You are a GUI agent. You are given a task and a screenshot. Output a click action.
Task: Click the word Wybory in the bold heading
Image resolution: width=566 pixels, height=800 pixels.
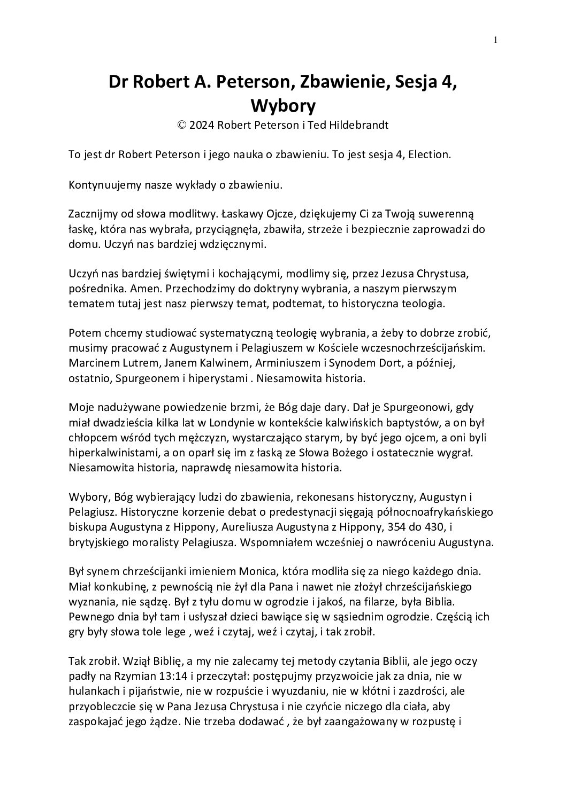pyautogui.click(x=283, y=105)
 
